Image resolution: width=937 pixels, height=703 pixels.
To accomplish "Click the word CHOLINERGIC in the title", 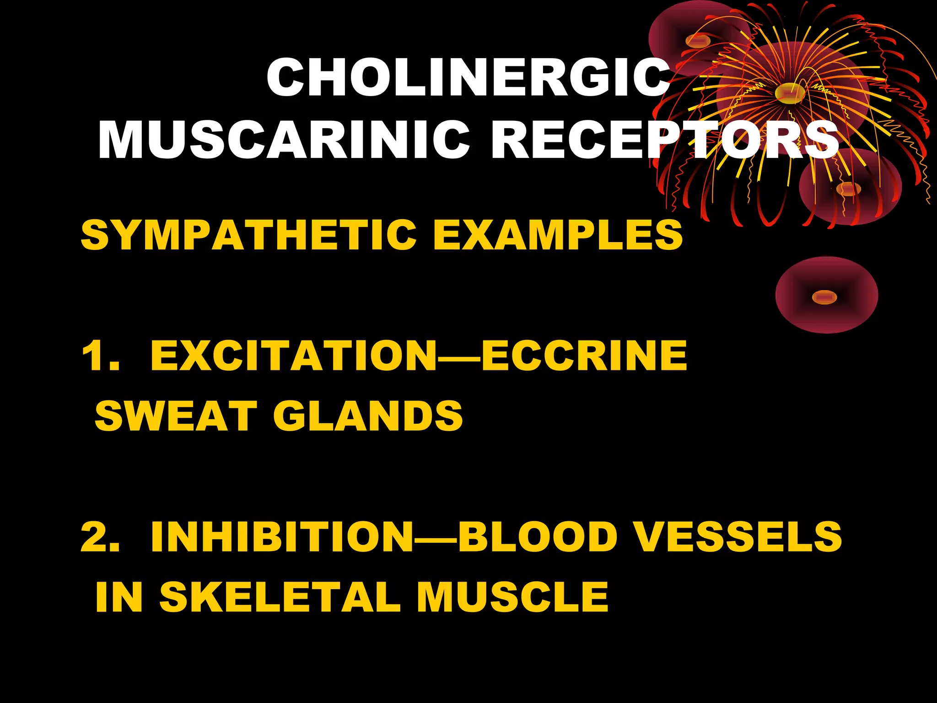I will click(468, 78).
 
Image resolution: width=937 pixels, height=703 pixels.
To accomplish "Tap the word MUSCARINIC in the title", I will click(284, 140).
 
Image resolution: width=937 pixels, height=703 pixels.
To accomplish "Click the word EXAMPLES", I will click(558, 235).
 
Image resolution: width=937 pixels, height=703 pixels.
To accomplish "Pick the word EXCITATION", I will click(293, 356).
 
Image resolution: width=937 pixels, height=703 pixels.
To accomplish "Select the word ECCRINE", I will click(584, 356).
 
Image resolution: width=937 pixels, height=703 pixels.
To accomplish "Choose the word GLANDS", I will click(368, 416).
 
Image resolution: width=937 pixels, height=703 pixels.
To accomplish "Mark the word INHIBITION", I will click(281, 537).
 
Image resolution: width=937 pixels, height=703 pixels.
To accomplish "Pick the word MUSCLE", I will click(512, 597).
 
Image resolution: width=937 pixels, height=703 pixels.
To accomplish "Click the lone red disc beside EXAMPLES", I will click(826, 295).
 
